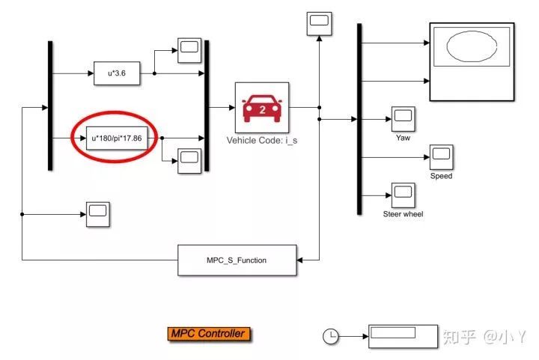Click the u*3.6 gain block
pyautogui.click(x=118, y=73)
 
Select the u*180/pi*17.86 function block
pyautogui.click(x=116, y=138)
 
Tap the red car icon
pyautogui.click(x=262, y=107)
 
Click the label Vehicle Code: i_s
pyautogui.click(x=262, y=140)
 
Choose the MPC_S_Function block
pyautogui.click(x=237, y=260)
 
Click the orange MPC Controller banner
pyautogui.click(x=207, y=334)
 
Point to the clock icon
pyautogui.click(x=330, y=337)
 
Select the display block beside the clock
pyautogui.click(x=403, y=336)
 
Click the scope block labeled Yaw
pyautogui.click(x=403, y=118)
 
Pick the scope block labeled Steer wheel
pyautogui.click(x=403, y=195)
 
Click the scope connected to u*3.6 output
pyautogui.click(x=187, y=49)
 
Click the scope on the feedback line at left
pyautogui.click(x=98, y=214)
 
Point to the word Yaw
pyautogui.click(x=403, y=138)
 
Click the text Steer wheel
pyautogui.click(x=403, y=215)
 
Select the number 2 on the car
pyautogui.click(x=262, y=109)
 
